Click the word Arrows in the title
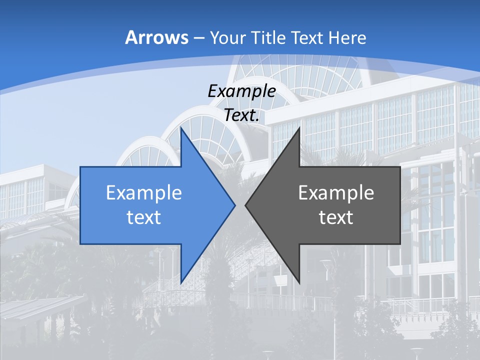pyautogui.click(x=156, y=38)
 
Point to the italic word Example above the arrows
pyautogui.click(x=241, y=91)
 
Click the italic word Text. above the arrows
pyautogui.click(x=241, y=115)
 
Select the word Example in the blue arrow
pyautogui.click(x=144, y=193)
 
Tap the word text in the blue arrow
pyautogui.click(x=144, y=217)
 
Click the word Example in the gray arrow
pyautogui.click(x=336, y=193)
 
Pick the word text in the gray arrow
pyautogui.click(x=336, y=217)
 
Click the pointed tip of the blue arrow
pyautogui.click(x=234, y=205)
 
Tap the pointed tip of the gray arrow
pyautogui.click(x=246, y=205)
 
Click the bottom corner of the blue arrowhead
pyautogui.click(x=181, y=282)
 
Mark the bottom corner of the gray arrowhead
pyautogui.click(x=299, y=282)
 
